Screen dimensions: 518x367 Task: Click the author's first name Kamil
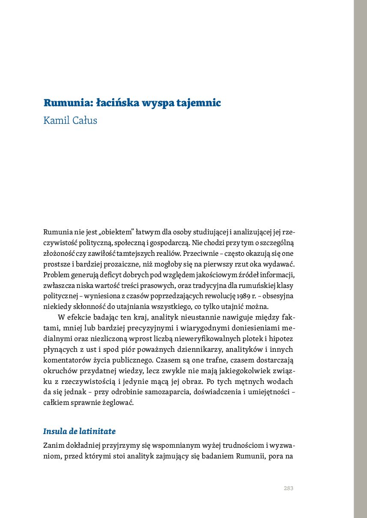57,120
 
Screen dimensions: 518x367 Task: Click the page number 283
288,488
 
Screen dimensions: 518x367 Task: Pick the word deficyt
105,274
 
